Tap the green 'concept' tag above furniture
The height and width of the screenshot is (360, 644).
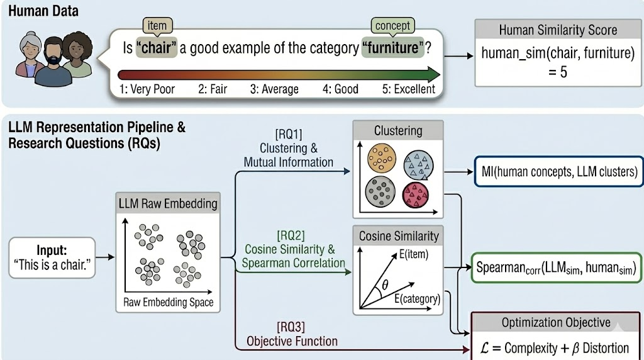[x=392, y=26]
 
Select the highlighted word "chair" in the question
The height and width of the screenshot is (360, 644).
[x=155, y=48]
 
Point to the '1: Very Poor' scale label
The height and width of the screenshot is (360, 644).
[x=147, y=89]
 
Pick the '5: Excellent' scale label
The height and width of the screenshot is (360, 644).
[x=408, y=89]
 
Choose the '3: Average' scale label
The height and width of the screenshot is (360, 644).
[x=274, y=89]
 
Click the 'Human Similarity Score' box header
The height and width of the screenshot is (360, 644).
[x=557, y=30]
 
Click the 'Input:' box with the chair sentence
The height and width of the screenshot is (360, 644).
[x=52, y=257]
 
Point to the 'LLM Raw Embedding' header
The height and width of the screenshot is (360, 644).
[x=168, y=203]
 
